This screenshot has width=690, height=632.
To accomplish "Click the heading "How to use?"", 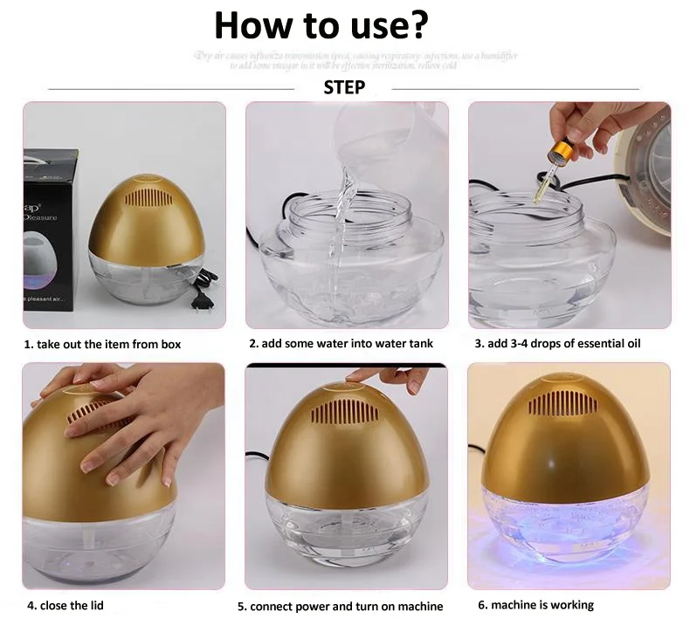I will coord(321,25).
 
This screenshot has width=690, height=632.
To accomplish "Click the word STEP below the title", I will coord(344,87).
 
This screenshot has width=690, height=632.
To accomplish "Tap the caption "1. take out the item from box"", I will coord(102,344).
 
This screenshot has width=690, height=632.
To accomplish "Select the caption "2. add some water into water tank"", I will coord(341,344).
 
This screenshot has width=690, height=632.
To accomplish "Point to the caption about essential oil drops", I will coord(557,344).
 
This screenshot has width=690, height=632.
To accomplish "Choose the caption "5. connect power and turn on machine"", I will coord(341,606).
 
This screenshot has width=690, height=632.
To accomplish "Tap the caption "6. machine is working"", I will coord(535,604).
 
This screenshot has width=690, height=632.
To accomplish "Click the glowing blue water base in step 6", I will coord(568,524).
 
